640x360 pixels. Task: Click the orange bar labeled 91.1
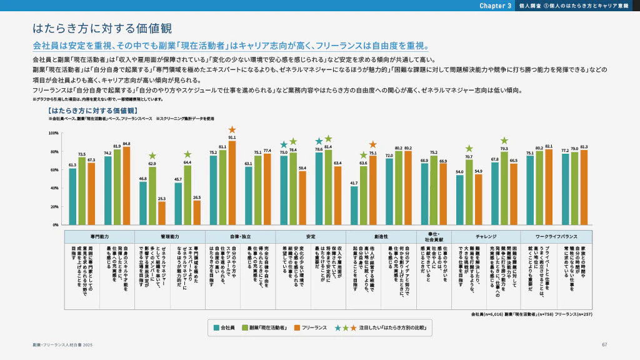[x=232, y=182]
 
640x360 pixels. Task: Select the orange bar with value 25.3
[x=162, y=212]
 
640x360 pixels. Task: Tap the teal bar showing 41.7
[x=354, y=205]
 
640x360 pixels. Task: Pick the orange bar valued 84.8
[x=126, y=186]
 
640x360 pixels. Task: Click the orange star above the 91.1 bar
[x=232, y=129]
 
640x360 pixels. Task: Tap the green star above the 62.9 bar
[x=152, y=156]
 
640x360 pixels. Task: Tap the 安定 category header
[x=311, y=237]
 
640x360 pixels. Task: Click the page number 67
[x=604, y=345]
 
